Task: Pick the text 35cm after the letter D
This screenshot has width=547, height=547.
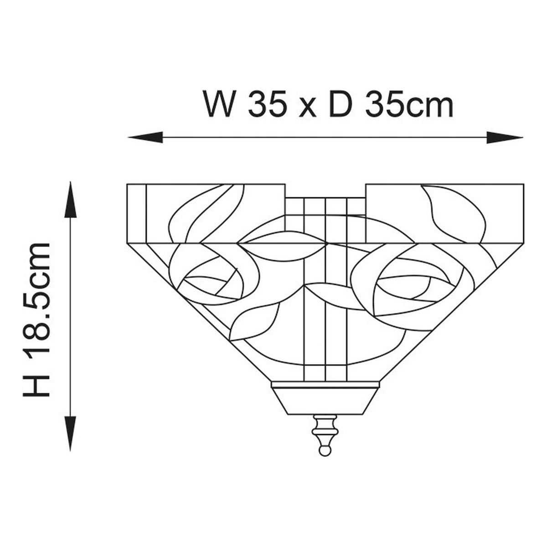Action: [409, 103]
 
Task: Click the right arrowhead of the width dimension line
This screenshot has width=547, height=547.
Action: [505, 137]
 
